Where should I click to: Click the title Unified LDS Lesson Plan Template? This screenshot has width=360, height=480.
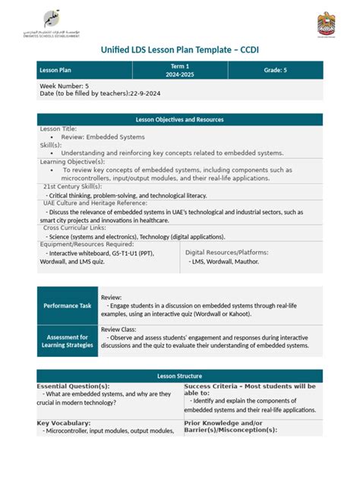pyautogui.click(x=180, y=50)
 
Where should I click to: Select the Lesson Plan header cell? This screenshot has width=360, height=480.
pyautogui.click(x=84, y=71)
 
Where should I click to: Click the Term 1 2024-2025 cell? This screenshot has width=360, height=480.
pyautogui.click(x=179, y=71)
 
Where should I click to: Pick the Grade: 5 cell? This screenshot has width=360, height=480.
pyautogui.click(x=275, y=71)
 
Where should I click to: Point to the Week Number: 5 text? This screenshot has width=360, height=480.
pyautogui.click(x=65, y=86)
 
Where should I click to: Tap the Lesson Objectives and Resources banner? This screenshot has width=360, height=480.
pyautogui.click(x=180, y=119)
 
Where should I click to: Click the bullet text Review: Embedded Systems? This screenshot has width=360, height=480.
pyautogui.click(x=103, y=137)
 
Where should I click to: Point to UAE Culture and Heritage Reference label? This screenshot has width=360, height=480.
pyautogui.click(x=95, y=203)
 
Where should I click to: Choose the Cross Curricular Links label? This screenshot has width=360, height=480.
pyautogui.click(x=74, y=227)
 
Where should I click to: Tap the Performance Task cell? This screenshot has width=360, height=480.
pyautogui.click(x=67, y=305)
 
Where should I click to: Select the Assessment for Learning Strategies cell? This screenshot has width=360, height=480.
pyautogui.click(x=67, y=340)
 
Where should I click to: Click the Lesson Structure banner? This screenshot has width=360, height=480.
pyautogui.click(x=180, y=376)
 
